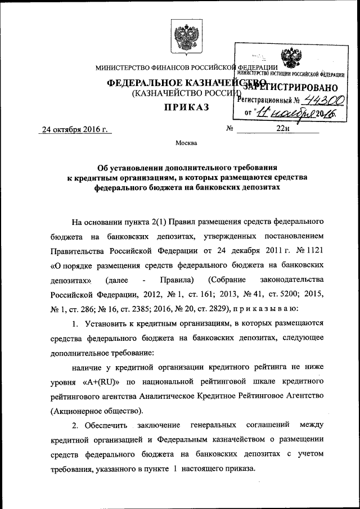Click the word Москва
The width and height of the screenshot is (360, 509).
point(186,143)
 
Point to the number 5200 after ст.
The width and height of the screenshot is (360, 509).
point(280,294)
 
